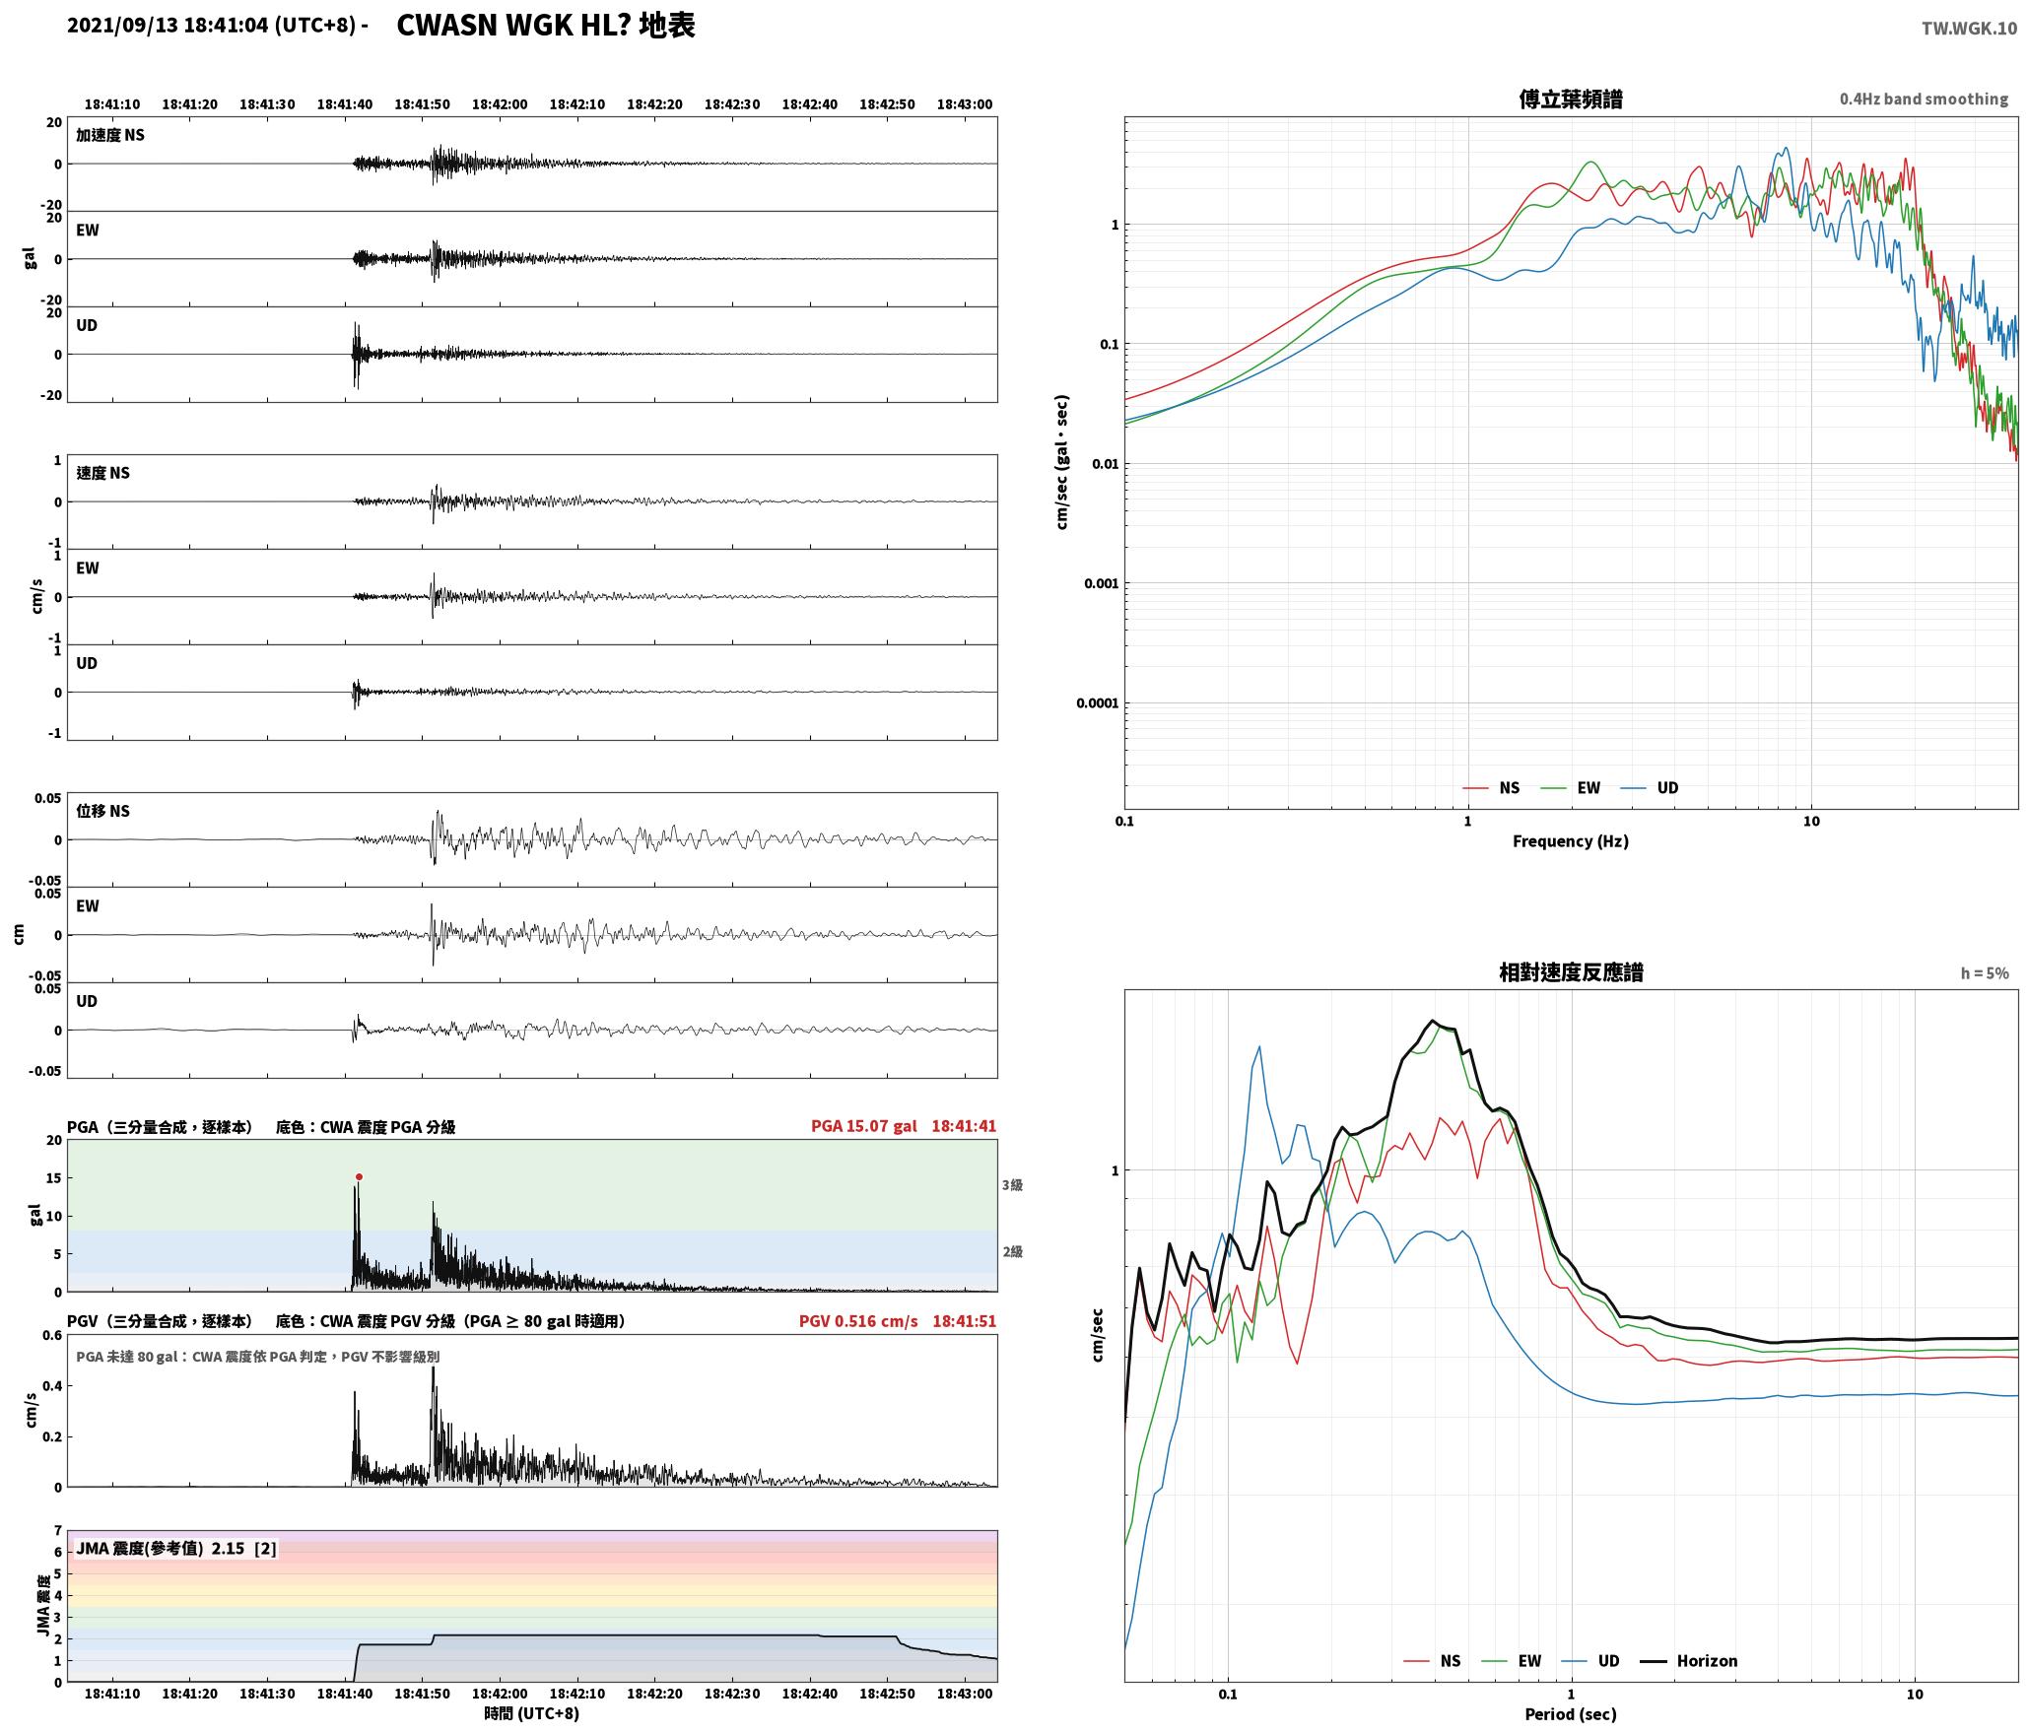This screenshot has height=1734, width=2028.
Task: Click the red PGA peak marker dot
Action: click(x=359, y=1176)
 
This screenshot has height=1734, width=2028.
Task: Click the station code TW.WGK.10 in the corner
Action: click(x=1969, y=29)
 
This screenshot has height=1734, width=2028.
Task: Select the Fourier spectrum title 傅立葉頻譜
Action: click(x=1571, y=99)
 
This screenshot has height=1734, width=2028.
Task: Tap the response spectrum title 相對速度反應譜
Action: click(x=1571, y=972)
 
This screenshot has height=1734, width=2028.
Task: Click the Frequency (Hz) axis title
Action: click(x=1571, y=840)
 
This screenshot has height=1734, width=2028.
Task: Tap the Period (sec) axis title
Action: click(x=1571, y=1713)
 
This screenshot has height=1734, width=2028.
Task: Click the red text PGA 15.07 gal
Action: click(x=863, y=1125)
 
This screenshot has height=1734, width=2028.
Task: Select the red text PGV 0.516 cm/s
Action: click(x=857, y=1320)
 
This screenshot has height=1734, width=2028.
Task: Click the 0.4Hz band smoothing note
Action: click(x=1924, y=99)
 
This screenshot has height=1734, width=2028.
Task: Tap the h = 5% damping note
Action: click(x=1985, y=972)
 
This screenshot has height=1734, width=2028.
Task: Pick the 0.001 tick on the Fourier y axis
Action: click(x=1101, y=583)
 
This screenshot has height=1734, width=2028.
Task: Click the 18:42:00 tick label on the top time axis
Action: click(x=500, y=103)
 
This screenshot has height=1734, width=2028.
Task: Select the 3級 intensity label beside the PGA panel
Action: click(x=1012, y=1184)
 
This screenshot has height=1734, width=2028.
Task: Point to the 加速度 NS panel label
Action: click(x=110, y=135)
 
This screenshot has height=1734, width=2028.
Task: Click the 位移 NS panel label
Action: click(x=102, y=811)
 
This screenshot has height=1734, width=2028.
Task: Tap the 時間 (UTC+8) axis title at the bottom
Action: click(x=532, y=1713)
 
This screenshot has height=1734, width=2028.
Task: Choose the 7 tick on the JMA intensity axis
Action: click(x=58, y=1530)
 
